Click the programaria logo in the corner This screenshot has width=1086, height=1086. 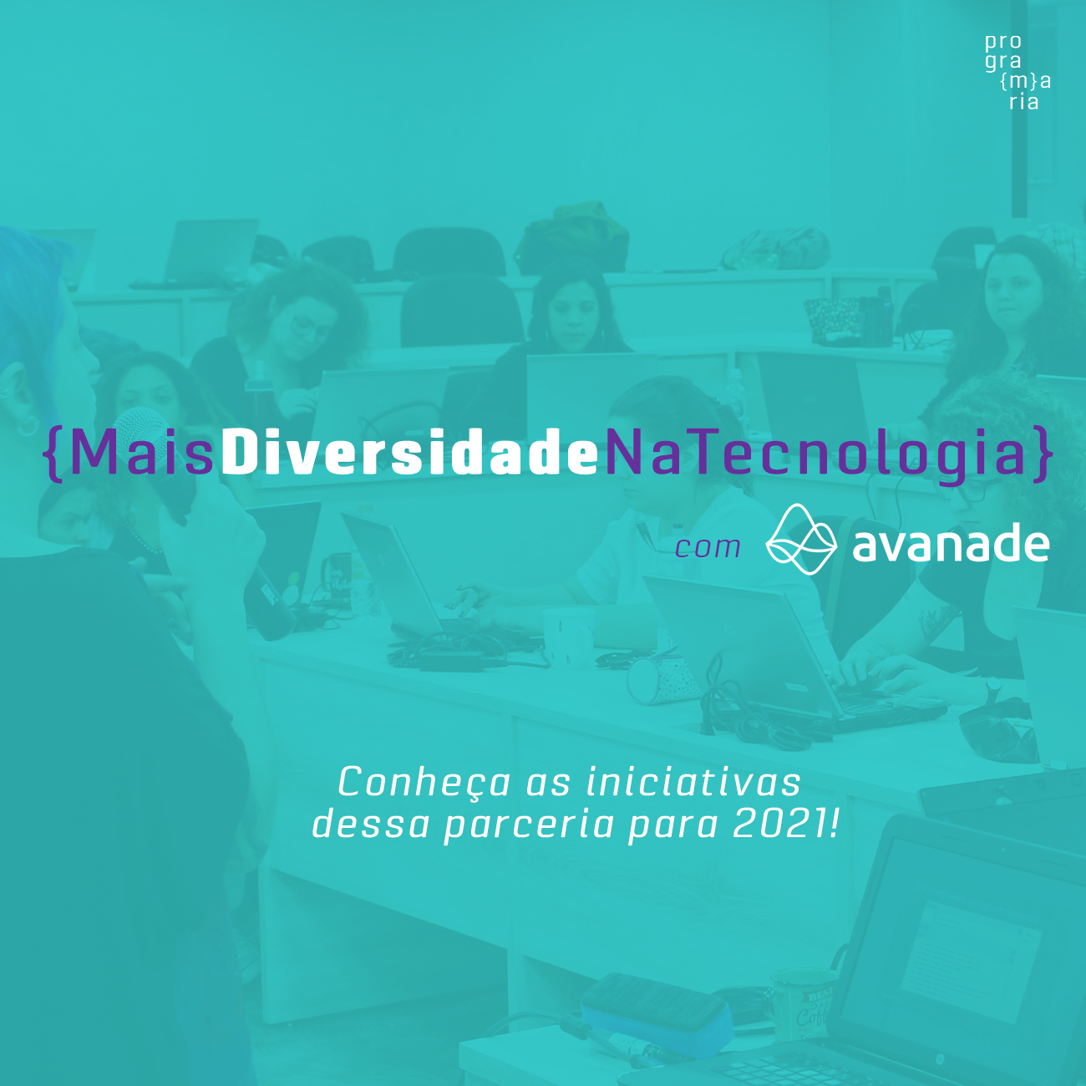(1017, 72)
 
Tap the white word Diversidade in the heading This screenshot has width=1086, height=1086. (409, 454)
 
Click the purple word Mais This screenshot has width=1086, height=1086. (142, 454)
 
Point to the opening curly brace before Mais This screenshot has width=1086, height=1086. (54, 454)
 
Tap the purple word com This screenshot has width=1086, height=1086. (708, 548)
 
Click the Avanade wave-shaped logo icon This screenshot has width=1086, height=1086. (801, 540)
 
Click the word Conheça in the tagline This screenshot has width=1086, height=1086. (424, 784)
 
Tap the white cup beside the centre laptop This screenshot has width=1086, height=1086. (568, 637)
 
